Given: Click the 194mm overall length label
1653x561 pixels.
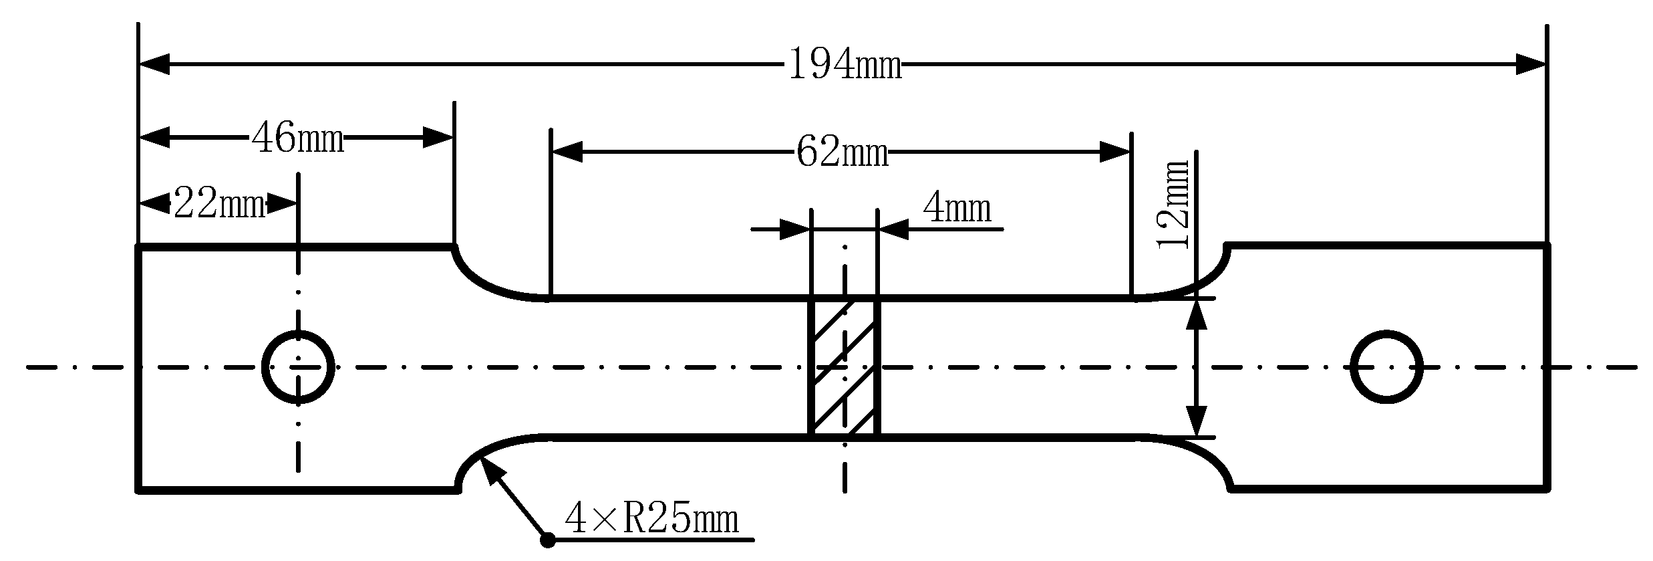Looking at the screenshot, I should click(x=845, y=66).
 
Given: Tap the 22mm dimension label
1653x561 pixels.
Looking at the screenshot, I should click(x=220, y=203).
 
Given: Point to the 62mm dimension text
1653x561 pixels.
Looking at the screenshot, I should click(x=842, y=153).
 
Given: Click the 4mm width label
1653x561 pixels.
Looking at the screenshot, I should click(x=957, y=209).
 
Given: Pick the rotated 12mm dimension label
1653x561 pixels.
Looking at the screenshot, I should click(x=1173, y=205).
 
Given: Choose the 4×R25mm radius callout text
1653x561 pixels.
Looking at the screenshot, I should click(x=651, y=519).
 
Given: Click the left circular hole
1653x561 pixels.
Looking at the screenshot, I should click(x=298, y=366).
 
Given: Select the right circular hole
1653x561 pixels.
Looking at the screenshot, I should click(x=1386, y=366).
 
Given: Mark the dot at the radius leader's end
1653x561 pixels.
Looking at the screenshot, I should click(x=548, y=540).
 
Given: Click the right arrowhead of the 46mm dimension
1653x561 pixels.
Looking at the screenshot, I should click(x=438, y=139).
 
